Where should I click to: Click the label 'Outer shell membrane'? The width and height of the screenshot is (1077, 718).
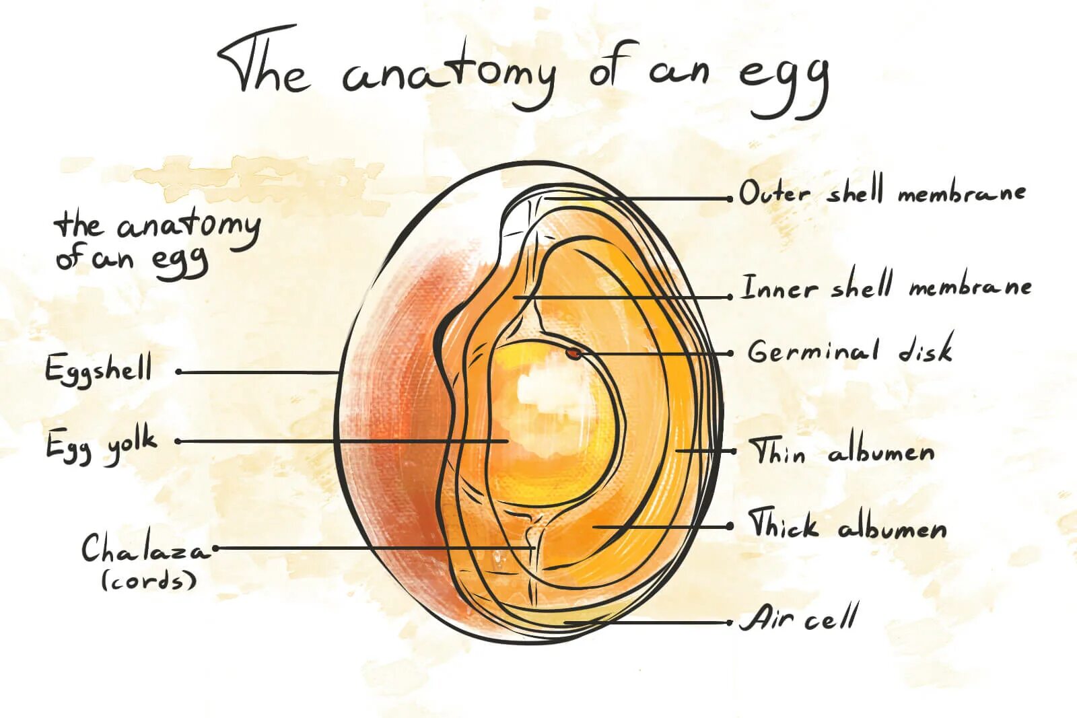tap(882, 193)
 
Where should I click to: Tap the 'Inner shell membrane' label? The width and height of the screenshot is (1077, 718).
tap(886, 287)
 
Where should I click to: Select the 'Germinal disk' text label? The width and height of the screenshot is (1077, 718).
tap(850, 351)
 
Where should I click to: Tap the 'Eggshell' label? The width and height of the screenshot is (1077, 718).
tap(99, 369)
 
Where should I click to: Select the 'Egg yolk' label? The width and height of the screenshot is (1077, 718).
tap(101, 445)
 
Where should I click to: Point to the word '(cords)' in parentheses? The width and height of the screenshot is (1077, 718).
tap(149, 580)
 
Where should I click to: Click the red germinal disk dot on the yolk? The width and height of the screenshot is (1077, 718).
tap(573, 352)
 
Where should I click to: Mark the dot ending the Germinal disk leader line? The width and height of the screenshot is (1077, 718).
tap(730, 353)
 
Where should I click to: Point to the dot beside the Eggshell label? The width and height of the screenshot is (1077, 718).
tap(179, 371)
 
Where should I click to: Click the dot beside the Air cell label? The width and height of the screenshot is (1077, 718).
tap(730, 622)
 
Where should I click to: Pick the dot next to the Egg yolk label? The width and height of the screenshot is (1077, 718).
tap(178, 441)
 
